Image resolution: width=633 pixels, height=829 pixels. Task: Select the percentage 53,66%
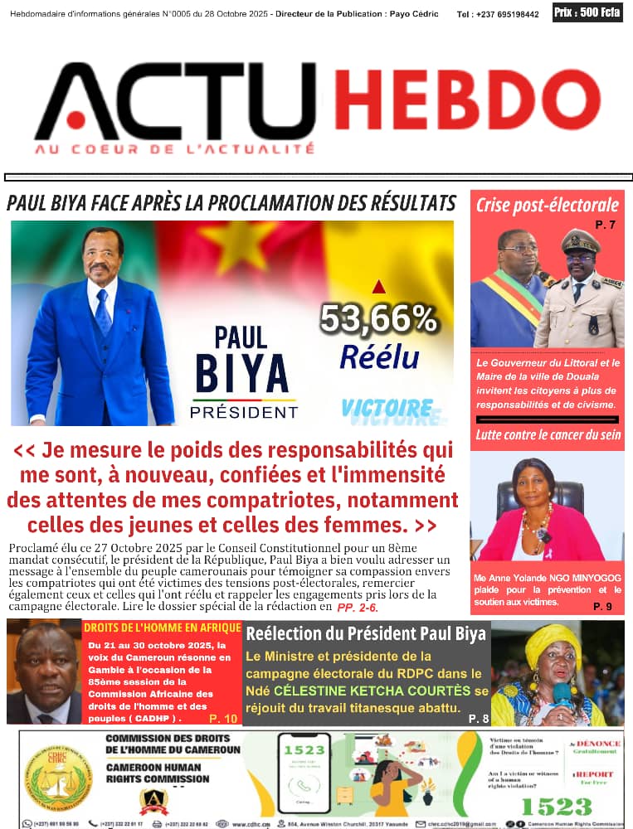(378, 318)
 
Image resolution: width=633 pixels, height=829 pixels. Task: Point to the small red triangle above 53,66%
(378, 287)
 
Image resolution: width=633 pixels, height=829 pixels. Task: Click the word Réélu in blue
(379, 356)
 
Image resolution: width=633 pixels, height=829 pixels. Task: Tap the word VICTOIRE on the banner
(387, 408)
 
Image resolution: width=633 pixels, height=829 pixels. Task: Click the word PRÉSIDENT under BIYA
(243, 412)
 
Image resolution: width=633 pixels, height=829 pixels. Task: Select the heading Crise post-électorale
(547, 205)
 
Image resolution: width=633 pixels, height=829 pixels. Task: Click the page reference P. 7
(605, 225)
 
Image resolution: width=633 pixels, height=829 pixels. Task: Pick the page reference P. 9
(602, 607)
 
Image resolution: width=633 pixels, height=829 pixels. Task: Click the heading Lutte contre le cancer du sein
(547, 434)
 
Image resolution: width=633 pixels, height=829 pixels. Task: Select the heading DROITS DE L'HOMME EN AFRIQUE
(163, 628)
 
